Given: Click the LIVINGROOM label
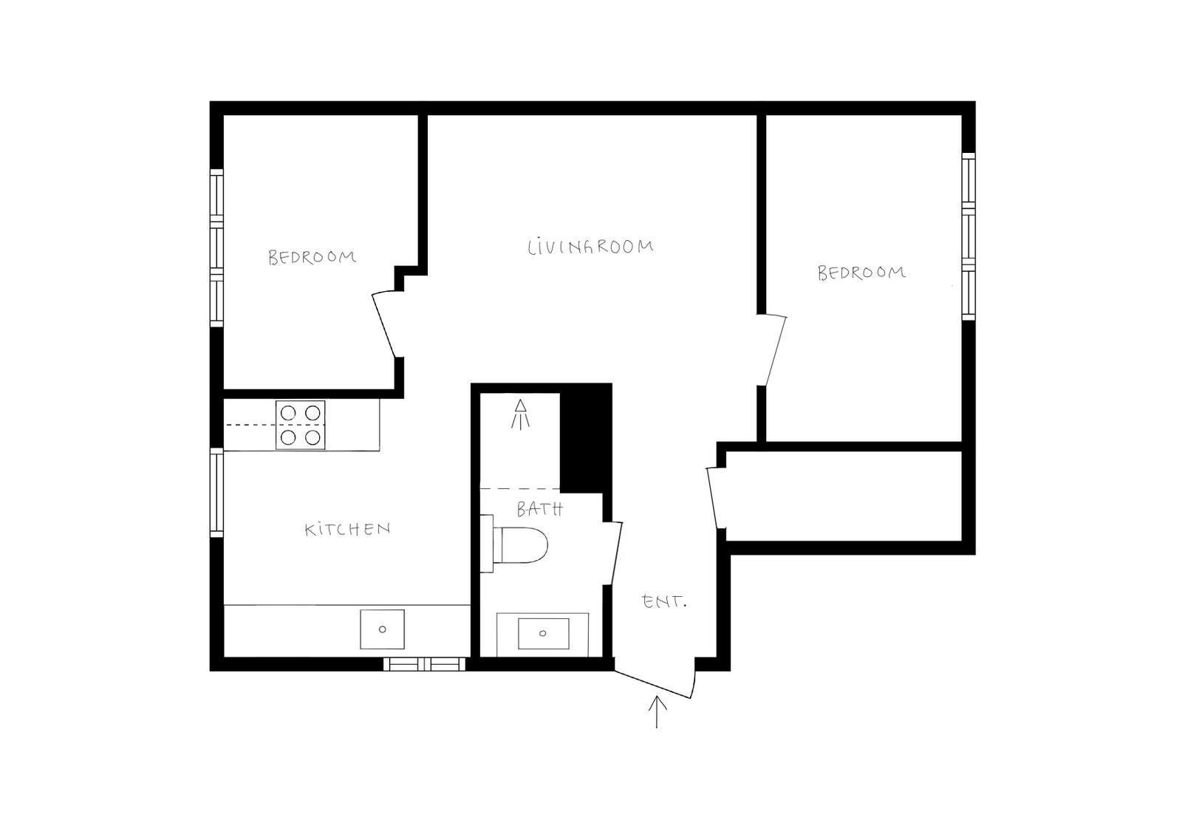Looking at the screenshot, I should coord(590,247).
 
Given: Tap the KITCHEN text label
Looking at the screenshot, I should coord(347,530).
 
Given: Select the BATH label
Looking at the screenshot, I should coord(539,509).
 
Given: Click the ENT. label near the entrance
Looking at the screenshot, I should coord(665,602).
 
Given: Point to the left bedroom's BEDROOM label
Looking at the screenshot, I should coord(312,257).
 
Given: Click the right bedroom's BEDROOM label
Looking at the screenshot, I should coord(861,273).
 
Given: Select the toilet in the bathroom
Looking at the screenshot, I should coord(521,545).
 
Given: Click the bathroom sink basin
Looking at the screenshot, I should coord(543,633).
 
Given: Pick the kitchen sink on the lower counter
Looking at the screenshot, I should coord(382,629).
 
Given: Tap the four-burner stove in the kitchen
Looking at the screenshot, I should coord(301,425).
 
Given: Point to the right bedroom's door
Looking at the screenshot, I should coord(773,350).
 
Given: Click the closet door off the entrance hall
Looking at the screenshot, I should coord(714,496).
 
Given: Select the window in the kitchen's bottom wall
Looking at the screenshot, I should coord(424,664).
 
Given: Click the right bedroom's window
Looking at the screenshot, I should coord(968,236).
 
